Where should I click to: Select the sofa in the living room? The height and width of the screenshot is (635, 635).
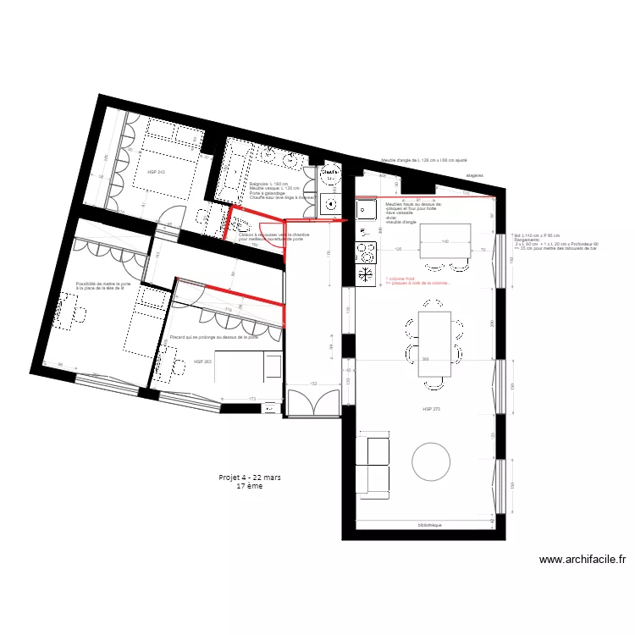373,462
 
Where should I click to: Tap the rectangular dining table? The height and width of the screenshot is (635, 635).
435,344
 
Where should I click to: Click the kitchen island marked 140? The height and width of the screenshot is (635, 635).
444,240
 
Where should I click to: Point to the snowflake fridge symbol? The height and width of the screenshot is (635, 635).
366,274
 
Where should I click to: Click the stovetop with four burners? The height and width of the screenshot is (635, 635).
366,251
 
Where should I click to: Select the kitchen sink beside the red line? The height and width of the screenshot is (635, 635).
367,208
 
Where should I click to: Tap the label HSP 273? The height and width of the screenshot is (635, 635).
433,409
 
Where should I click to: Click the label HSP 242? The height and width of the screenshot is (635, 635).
156,172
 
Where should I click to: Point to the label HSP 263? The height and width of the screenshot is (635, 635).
202,362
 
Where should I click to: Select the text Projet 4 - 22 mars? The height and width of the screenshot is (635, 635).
250,478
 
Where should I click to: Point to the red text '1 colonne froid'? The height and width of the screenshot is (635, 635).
403,278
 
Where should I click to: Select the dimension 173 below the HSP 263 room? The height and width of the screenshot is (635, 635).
252,399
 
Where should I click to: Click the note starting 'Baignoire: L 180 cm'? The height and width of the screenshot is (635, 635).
268,184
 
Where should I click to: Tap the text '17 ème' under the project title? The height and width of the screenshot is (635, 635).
250,487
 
